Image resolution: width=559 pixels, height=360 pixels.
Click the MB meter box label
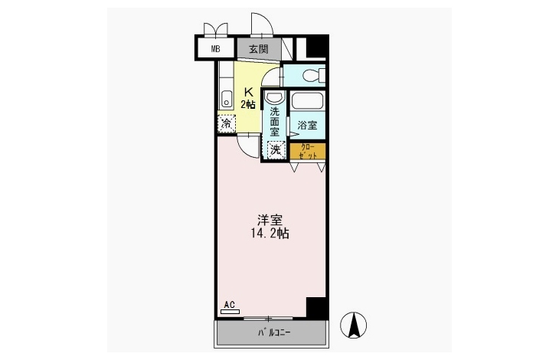point(215,49)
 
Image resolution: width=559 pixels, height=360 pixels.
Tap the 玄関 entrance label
point(259,48)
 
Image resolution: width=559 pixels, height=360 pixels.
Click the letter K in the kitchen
point(248,92)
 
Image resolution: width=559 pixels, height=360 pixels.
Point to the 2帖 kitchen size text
point(248,104)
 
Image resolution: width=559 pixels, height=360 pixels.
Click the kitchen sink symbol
point(227,99)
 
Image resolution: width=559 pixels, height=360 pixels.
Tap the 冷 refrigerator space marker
point(227,123)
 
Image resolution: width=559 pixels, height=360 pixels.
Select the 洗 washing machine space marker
point(276,149)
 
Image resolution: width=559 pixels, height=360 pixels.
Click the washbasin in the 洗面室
point(275,98)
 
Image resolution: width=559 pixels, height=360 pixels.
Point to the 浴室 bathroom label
point(307,125)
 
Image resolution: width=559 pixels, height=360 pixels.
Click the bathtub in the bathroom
point(307,100)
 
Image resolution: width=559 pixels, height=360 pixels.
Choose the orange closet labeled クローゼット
point(307,151)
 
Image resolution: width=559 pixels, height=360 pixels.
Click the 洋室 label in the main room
point(270,220)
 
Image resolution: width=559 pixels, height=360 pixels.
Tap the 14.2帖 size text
point(270,234)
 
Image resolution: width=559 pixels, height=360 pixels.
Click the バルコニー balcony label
point(274,333)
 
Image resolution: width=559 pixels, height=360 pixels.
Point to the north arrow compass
point(353,325)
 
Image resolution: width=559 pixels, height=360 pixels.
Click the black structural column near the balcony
point(316,307)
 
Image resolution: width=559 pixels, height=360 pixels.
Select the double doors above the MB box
point(216,31)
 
